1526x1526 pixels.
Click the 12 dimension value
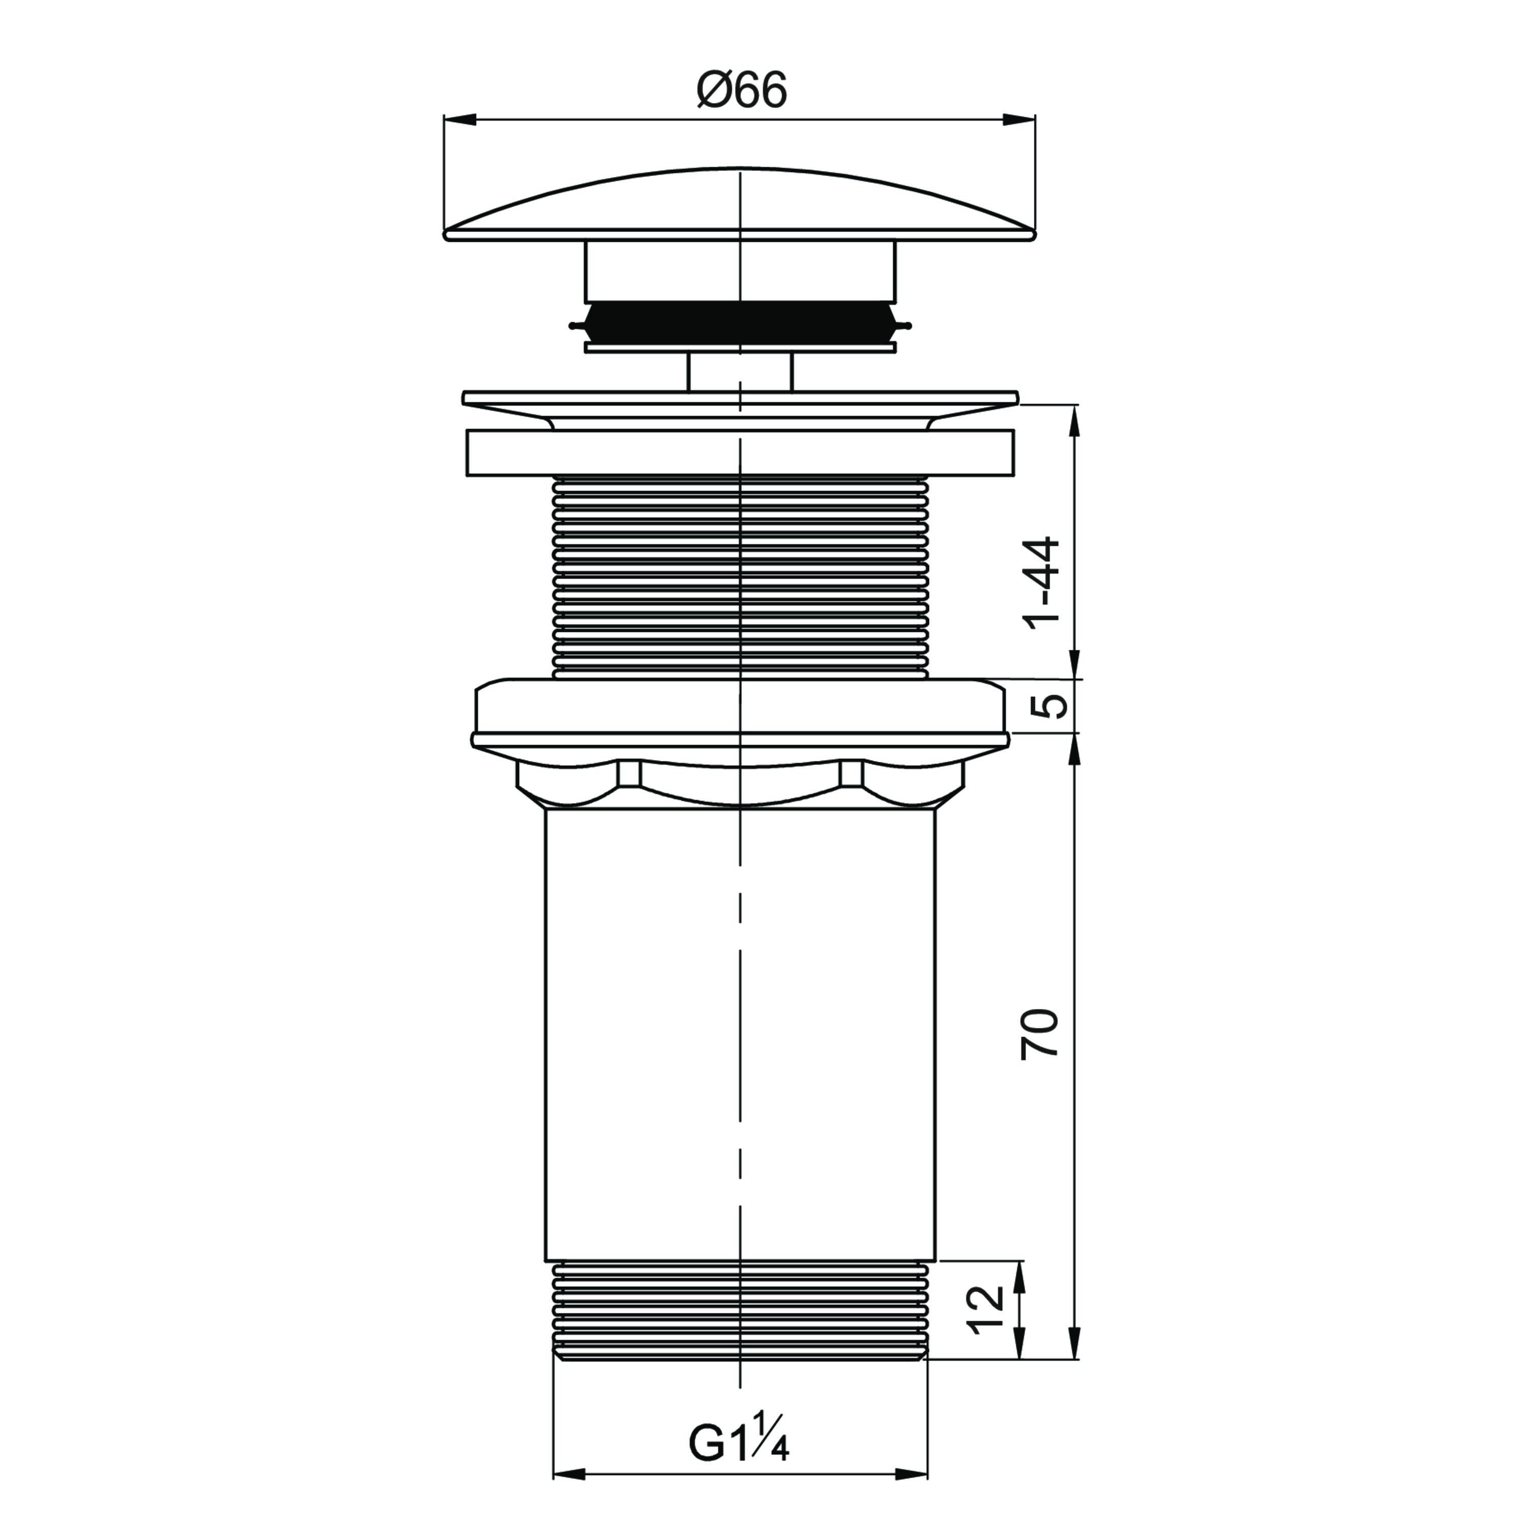coord(986,1310)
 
